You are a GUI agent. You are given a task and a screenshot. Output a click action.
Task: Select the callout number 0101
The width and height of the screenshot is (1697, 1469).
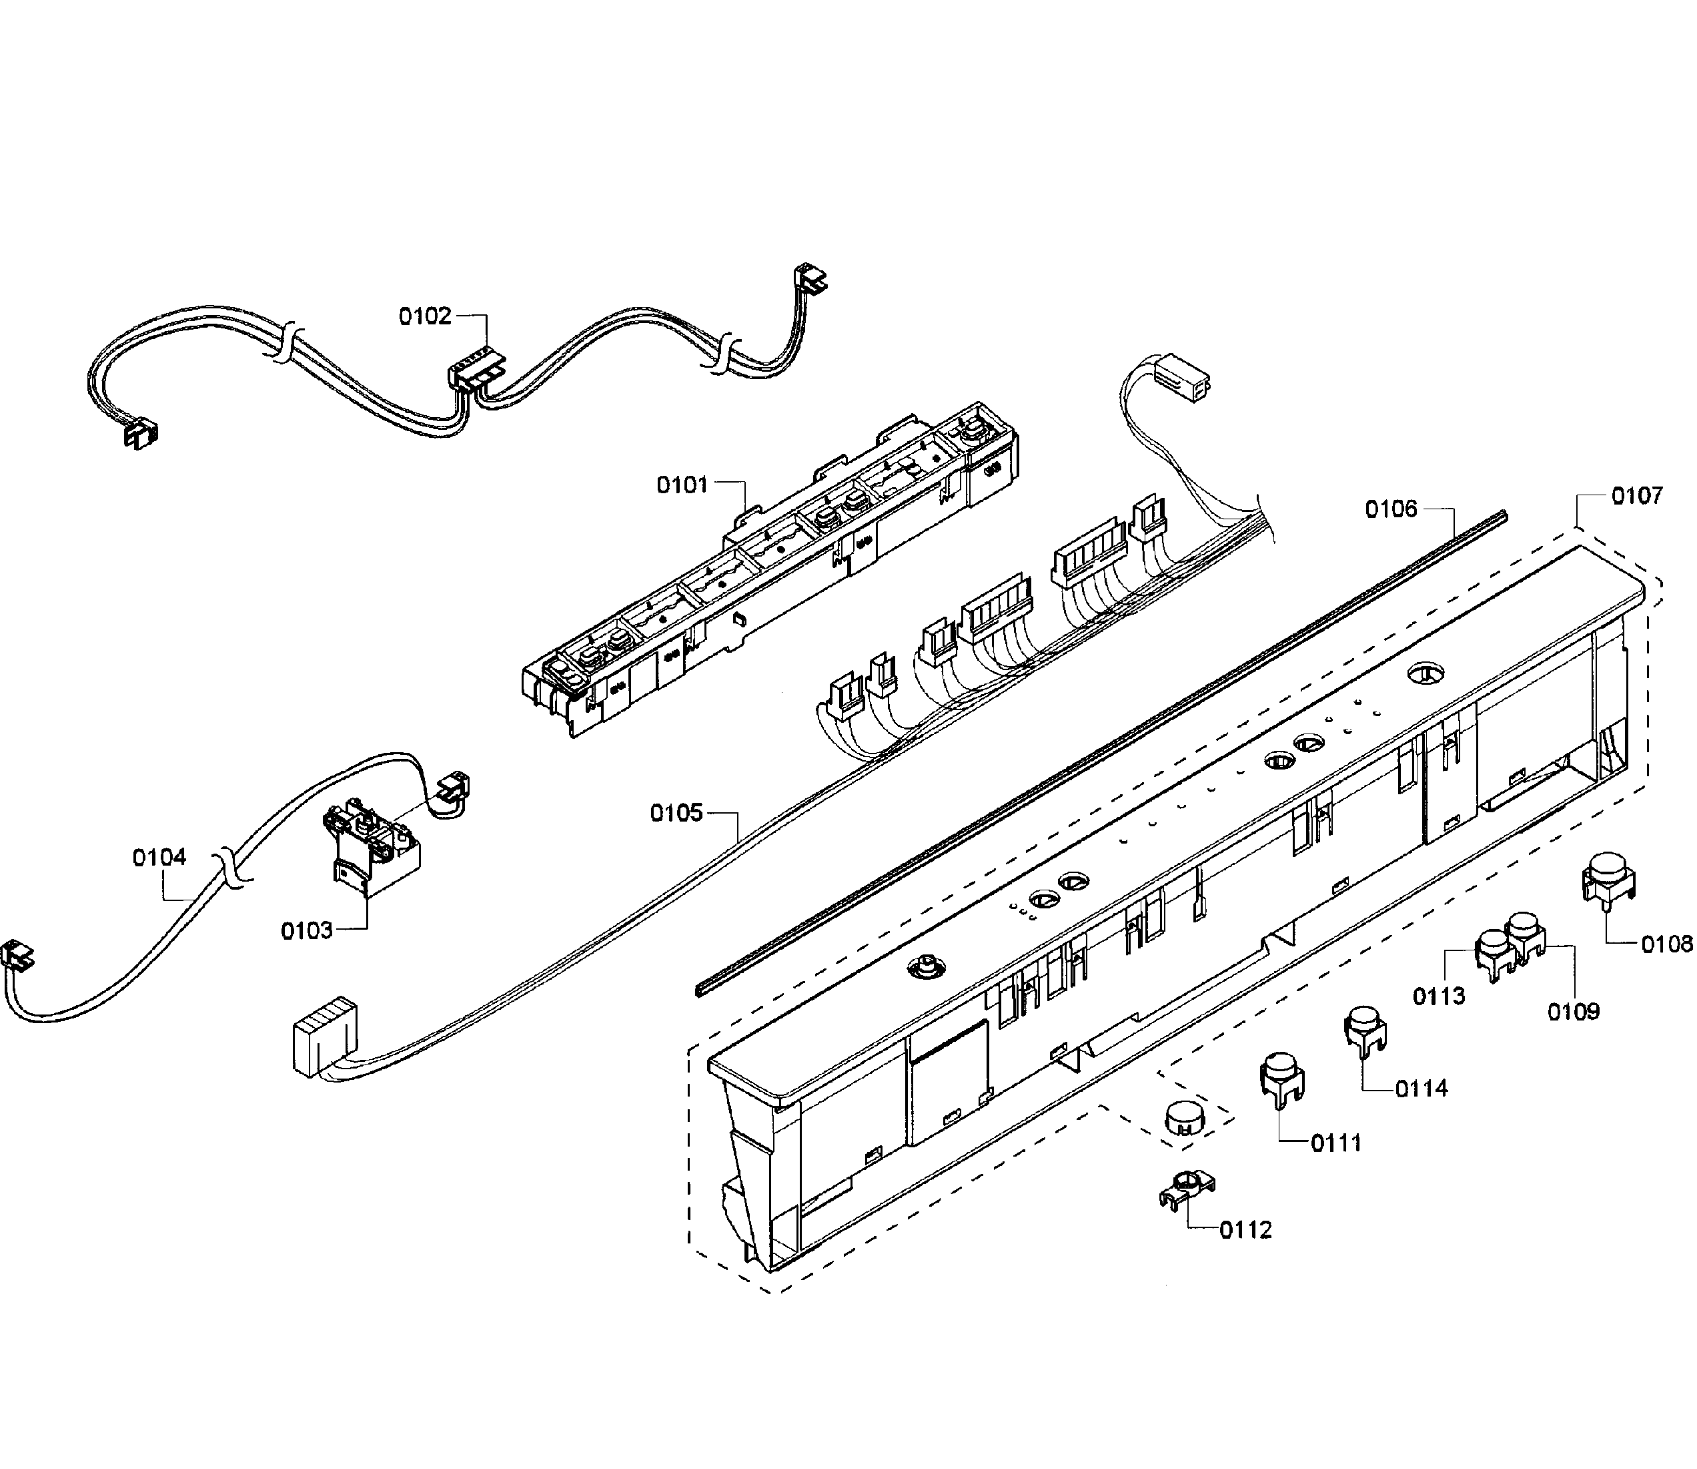(682, 485)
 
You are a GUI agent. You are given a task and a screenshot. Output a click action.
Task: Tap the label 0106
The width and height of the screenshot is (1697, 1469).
(1391, 510)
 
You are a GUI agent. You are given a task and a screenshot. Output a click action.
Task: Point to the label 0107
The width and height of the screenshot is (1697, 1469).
(1637, 496)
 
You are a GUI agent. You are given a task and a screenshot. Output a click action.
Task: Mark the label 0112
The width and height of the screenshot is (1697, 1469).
(1245, 1253)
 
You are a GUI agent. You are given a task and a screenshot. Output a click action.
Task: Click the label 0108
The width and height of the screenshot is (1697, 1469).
(1666, 945)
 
